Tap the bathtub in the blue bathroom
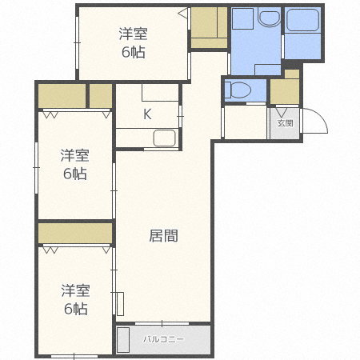coord(303,23)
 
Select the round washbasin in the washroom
coord(267,19)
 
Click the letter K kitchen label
coord(147,114)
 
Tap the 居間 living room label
coord(163,236)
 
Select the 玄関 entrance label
coord(286,122)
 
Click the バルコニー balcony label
coord(163,339)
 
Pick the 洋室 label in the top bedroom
coord(133,34)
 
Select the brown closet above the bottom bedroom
coord(75,234)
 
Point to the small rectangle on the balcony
coord(123,340)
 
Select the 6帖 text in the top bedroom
coord(133,53)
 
